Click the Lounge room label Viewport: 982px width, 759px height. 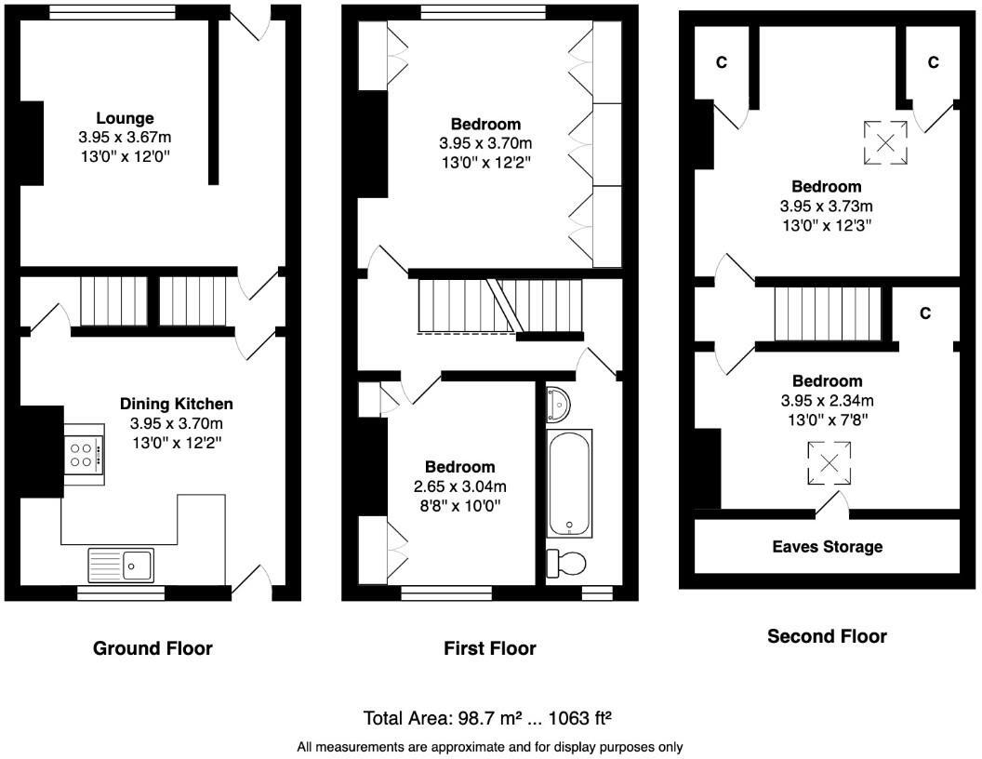point(125,118)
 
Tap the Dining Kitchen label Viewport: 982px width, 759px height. point(176,404)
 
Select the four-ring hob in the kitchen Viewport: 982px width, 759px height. point(84,454)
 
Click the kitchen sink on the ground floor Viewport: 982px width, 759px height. point(123,564)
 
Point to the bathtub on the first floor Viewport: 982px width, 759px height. point(569,482)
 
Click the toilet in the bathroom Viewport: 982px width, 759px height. point(566,563)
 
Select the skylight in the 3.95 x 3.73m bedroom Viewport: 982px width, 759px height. point(885,142)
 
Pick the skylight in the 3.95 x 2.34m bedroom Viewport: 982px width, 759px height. point(828,463)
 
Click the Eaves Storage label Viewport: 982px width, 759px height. point(827,547)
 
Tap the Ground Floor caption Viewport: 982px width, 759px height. point(153,648)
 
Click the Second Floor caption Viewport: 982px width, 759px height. point(827,636)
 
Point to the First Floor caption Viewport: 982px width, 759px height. point(490,648)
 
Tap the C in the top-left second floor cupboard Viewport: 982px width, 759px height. point(720,62)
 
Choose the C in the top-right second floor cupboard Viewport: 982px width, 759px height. point(933,62)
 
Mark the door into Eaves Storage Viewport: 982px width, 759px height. point(832,507)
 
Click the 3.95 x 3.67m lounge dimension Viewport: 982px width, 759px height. point(125,137)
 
